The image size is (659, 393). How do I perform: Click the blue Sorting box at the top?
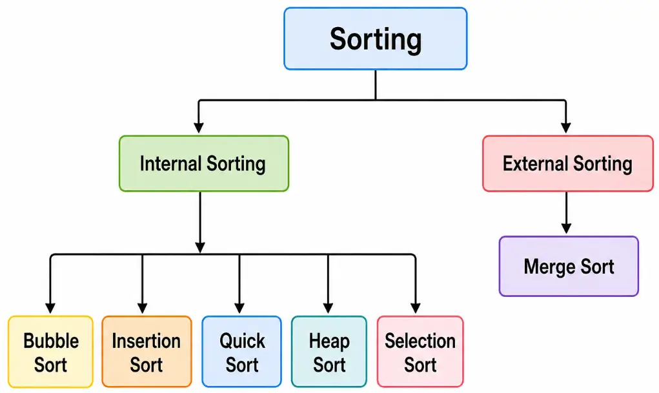point(375,39)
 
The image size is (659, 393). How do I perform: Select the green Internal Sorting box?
point(203,163)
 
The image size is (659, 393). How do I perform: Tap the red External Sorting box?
point(567,163)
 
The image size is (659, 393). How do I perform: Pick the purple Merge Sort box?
point(569,266)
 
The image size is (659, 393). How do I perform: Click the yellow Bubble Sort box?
point(51,352)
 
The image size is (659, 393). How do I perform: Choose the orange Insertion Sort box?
point(147,352)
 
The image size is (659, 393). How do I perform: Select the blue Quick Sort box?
point(242,352)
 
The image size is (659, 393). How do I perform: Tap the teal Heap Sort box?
point(329,352)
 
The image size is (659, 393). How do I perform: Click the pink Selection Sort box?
point(420,352)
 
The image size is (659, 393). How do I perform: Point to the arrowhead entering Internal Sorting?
point(199,126)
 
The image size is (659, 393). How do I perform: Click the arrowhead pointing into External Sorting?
point(566,126)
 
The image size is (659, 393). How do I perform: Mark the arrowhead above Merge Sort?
point(566,227)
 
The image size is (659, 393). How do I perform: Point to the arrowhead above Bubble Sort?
point(50,307)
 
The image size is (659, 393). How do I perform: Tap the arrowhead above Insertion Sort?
point(143,307)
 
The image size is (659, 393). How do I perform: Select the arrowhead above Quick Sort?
point(239,307)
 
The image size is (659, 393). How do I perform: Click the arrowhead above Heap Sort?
point(328,307)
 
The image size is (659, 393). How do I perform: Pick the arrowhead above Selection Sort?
point(415,307)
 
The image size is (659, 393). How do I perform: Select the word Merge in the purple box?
point(549,266)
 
